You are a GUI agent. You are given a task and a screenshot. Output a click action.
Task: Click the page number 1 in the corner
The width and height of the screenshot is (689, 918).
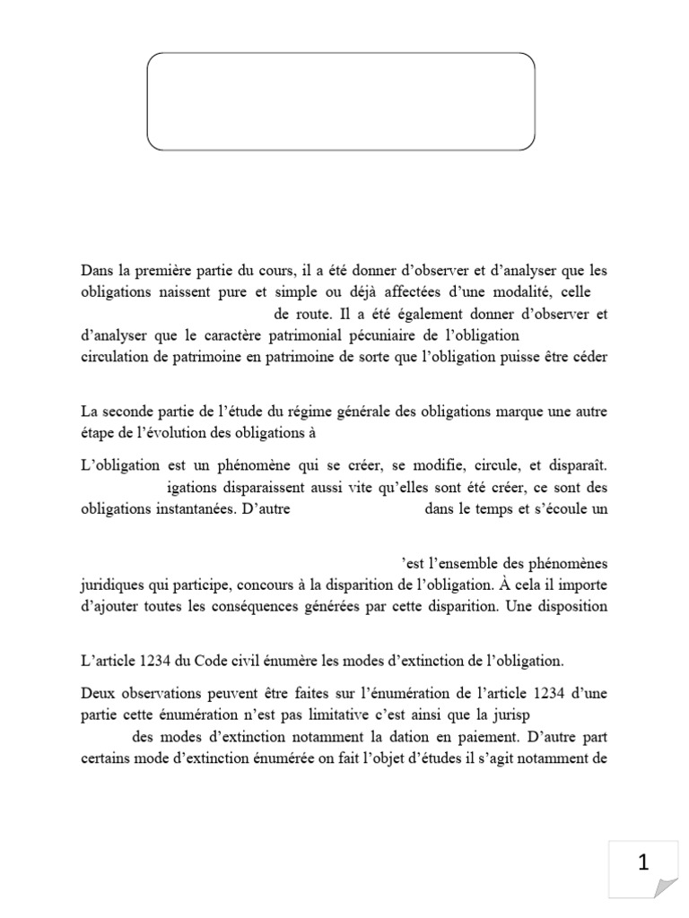coord(642,863)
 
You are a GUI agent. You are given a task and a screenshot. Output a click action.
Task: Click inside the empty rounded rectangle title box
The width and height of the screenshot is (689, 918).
coord(341,100)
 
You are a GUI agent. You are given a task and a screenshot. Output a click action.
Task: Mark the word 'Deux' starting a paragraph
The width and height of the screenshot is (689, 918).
coord(99,696)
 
